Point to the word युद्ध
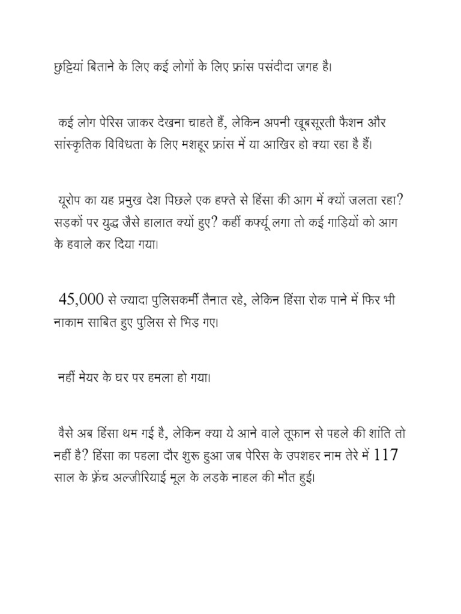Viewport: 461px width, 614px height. coord(123,222)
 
